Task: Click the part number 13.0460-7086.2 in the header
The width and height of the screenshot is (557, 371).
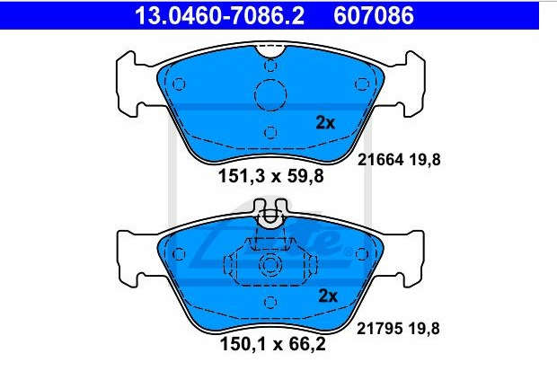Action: (x=219, y=16)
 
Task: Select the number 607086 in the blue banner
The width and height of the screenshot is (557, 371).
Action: (x=374, y=16)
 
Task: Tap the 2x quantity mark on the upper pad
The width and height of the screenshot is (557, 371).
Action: (x=325, y=123)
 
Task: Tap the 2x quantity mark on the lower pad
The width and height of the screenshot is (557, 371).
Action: (x=328, y=296)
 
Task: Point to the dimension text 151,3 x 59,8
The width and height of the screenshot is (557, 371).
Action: (x=271, y=176)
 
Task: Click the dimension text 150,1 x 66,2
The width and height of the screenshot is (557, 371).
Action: (x=273, y=344)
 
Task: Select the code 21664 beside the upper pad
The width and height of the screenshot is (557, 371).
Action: (x=380, y=160)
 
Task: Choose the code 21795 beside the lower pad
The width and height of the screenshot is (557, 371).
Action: (x=379, y=329)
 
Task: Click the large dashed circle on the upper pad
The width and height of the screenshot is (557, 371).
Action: (x=270, y=95)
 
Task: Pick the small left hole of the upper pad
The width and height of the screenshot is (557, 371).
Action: (x=179, y=84)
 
